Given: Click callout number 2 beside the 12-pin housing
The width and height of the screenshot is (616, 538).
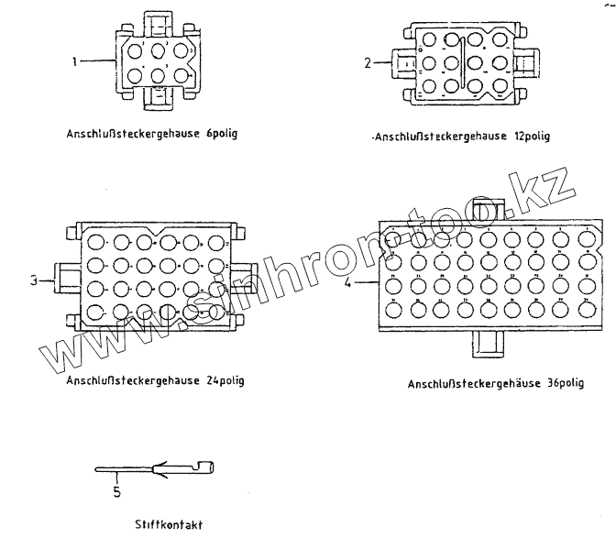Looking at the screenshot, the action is point(368,63).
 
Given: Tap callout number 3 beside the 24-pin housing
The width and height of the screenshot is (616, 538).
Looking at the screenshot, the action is point(33,281).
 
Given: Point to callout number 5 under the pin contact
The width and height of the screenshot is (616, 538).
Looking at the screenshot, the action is point(116,491).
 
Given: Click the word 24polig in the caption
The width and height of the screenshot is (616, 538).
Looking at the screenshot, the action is point(224,379).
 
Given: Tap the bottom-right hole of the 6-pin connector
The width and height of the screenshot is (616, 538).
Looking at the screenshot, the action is point(181,75).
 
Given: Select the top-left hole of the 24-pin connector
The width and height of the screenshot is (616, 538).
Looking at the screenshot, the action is point(97,244).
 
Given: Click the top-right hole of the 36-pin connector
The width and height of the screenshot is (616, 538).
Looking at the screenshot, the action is point(584,240).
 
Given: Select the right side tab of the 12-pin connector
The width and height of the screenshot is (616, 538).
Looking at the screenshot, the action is point(526,64).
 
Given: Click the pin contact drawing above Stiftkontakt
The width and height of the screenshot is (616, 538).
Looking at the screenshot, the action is point(156,471).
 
